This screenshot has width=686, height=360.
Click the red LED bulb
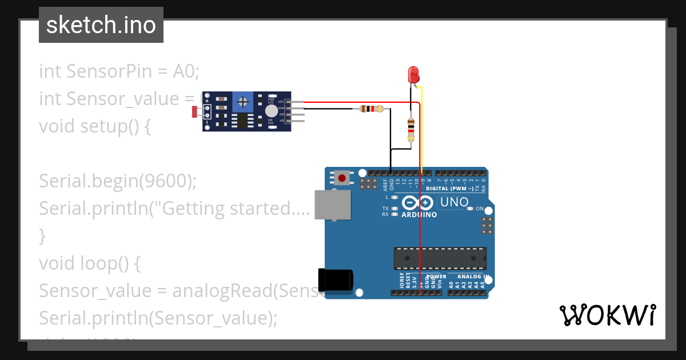(x=413, y=74)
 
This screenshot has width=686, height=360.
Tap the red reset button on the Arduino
(x=342, y=178)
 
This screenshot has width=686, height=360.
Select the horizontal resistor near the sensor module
(x=372, y=109)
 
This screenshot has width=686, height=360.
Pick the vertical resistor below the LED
(x=410, y=130)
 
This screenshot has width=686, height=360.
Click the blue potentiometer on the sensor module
(x=243, y=102)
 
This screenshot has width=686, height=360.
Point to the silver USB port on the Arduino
(x=332, y=205)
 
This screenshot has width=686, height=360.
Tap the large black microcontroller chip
(x=440, y=258)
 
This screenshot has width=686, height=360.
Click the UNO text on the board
(x=454, y=202)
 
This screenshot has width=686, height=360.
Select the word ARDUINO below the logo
(x=419, y=215)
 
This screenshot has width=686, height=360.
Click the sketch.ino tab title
(x=101, y=25)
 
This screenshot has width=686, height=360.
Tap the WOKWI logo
(x=607, y=315)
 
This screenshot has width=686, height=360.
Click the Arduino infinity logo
(x=418, y=203)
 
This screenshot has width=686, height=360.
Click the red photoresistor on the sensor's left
(x=195, y=111)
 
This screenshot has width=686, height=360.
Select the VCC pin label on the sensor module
(x=281, y=102)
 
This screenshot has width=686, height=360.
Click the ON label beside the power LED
(x=480, y=209)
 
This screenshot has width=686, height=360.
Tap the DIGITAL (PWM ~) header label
(x=454, y=188)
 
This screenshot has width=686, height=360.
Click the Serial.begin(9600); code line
(x=118, y=181)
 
